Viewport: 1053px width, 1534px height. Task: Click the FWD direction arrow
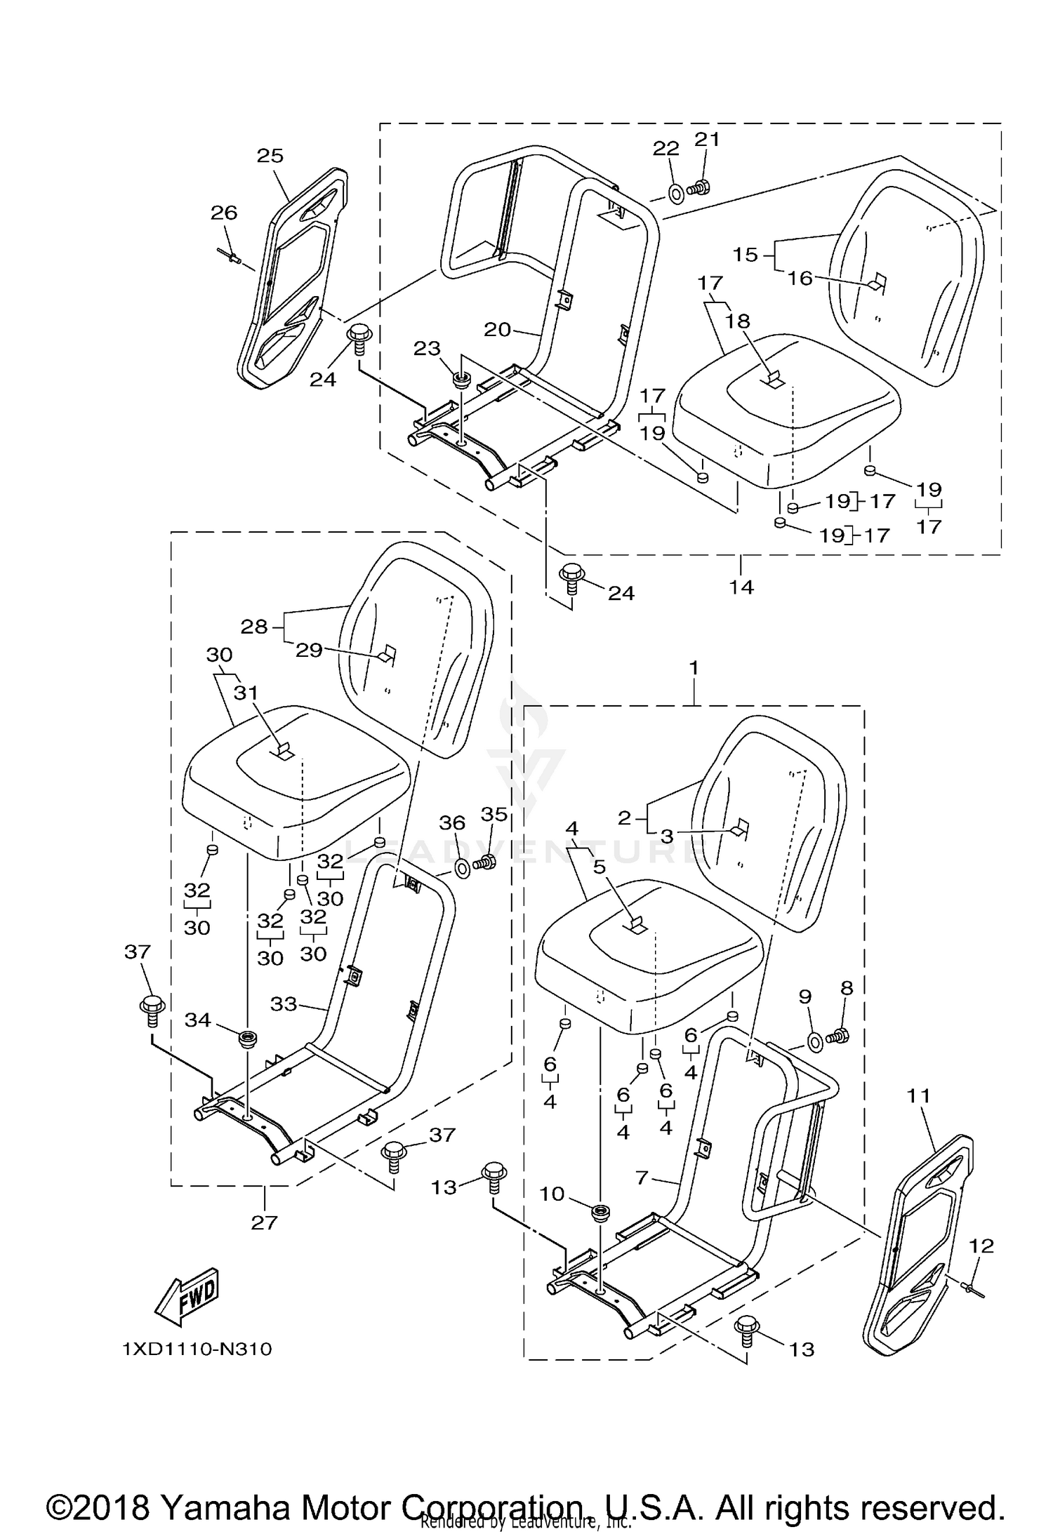(x=187, y=1296)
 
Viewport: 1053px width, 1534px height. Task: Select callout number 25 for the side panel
(x=270, y=156)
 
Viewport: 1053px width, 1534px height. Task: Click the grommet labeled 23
(x=461, y=381)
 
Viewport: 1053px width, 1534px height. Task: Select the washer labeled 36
(x=463, y=869)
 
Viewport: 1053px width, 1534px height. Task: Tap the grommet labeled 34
(x=246, y=1037)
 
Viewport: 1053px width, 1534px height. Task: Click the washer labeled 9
(x=816, y=1042)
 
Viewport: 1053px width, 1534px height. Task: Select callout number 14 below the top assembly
(x=741, y=586)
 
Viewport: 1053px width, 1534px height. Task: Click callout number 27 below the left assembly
(x=263, y=1222)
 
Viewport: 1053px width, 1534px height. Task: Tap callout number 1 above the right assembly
(x=694, y=668)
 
